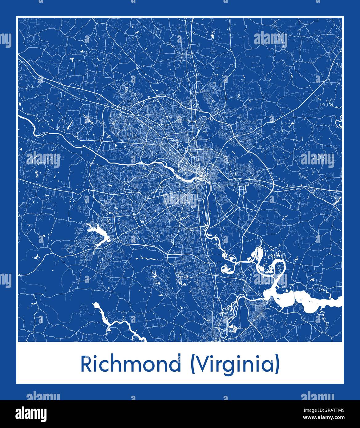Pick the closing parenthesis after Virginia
click(277, 365)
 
